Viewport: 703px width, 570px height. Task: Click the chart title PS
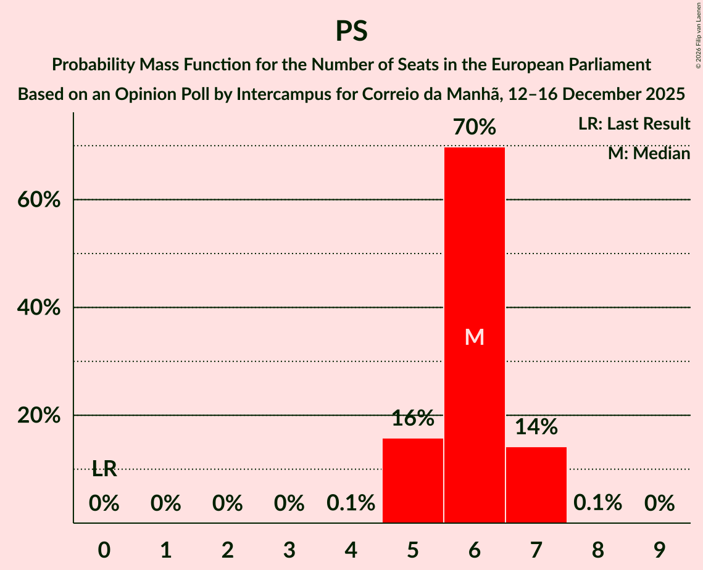351,31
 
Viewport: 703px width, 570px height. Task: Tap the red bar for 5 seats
413,481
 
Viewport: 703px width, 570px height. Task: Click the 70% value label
475,128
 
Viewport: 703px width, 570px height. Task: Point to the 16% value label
413,418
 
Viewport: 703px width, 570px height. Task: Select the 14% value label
536,427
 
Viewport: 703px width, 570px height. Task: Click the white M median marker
475,337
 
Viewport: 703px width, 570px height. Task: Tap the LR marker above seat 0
104,469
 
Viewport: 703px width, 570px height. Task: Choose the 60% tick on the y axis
43,200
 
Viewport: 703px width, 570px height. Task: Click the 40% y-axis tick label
43,308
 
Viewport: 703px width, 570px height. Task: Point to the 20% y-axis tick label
43,416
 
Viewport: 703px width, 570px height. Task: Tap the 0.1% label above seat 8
597,503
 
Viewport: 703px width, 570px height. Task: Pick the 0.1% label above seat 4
351,503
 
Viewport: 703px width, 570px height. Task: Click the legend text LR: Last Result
634,124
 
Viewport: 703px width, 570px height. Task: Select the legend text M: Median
649,154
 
